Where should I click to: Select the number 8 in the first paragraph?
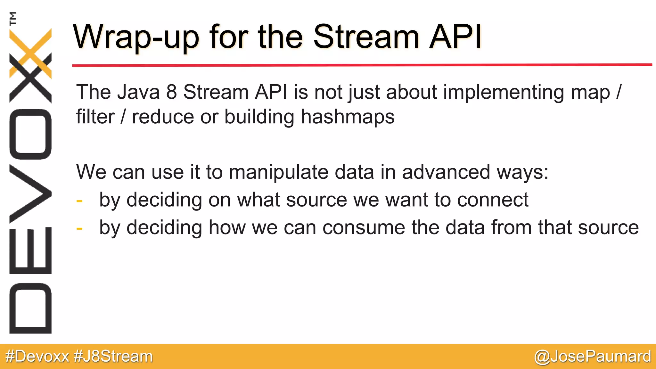click(x=171, y=92)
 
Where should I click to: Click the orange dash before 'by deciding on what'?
click(x=79, y=201)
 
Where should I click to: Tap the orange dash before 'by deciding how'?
click(x=79, y=229)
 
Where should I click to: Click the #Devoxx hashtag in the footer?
click(x=37, y=357)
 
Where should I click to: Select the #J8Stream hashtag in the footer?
click(x=113, y=357)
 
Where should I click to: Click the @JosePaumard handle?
click(x=592, y=357)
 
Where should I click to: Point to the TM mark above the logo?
click(x=13, y=18)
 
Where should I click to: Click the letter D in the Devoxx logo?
click(x=30, y=308)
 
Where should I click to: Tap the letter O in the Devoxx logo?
click(x=30, y=134)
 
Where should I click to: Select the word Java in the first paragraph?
click(x=138, y=92)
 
